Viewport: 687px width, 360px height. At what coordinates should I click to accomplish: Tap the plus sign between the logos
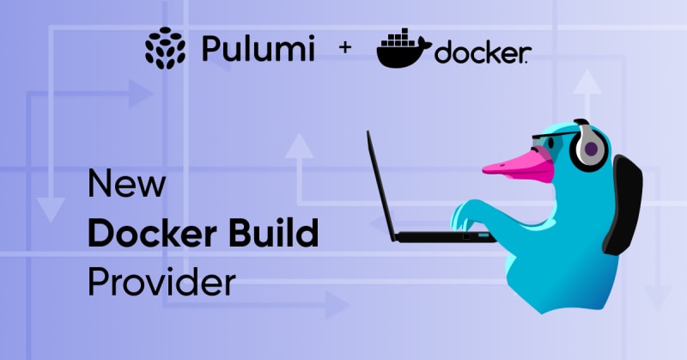click(345, 49)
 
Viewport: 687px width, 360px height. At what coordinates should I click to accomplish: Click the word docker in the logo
click(481, 54)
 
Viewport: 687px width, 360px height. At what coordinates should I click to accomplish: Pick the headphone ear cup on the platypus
click(590, 149)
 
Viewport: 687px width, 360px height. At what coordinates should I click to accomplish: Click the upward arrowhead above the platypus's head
click(588, 83)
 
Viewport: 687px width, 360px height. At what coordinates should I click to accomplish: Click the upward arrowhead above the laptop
click(299, 147)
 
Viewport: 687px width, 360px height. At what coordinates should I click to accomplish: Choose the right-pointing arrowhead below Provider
click(337, 304)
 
